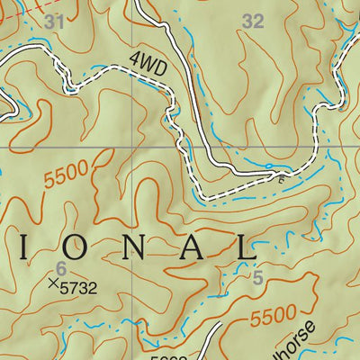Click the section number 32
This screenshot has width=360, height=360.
coord(254,22)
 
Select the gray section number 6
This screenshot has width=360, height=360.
coord(61,267)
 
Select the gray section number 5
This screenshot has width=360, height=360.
coord(257,280)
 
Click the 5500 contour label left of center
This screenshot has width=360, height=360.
coord(66,175)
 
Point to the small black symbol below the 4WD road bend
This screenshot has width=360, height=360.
coord(282,178)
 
